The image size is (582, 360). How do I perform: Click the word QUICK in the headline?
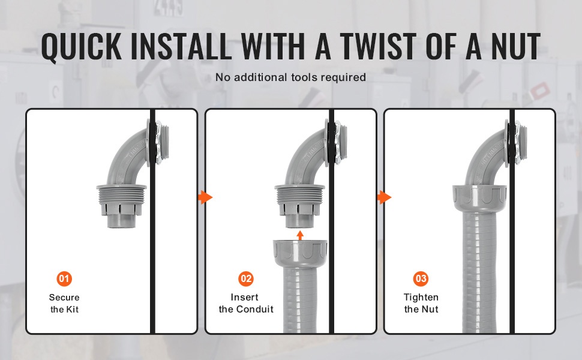(81, 46)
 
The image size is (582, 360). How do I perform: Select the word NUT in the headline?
(516, 46)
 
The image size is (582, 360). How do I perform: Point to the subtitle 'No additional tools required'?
(290, 77)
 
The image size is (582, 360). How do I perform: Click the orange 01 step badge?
(64, 279)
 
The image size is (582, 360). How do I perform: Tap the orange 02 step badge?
(246, 279)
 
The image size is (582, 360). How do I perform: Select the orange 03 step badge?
(421, 279)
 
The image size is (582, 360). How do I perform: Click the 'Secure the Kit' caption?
(64, 303)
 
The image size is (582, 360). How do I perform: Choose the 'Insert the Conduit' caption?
(246, 303)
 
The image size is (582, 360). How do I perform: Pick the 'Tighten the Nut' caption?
(421, 303)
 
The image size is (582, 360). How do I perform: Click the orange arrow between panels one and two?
(205, 197)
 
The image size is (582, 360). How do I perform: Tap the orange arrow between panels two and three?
(384, 197)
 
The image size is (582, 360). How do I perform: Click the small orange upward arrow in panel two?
(300, 235)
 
